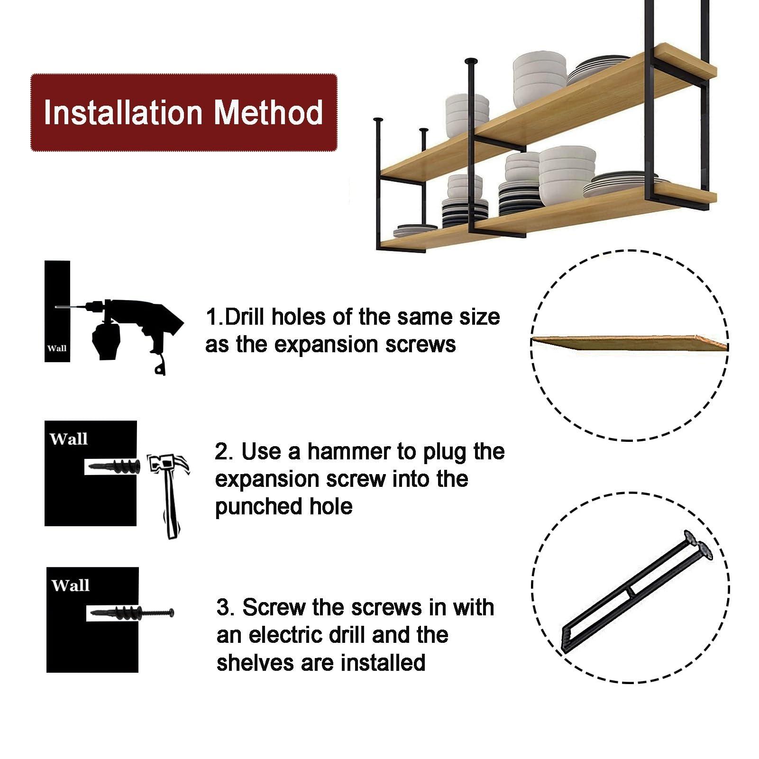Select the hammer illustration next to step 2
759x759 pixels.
[169, 496]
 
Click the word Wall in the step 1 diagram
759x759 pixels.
[57, 348]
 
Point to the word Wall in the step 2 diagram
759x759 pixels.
[68, 439]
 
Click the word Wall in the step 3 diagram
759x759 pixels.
[70, 585]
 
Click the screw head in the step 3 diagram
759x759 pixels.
[171, 612]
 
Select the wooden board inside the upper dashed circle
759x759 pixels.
[630, 342]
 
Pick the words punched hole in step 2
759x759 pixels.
[284, 507]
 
